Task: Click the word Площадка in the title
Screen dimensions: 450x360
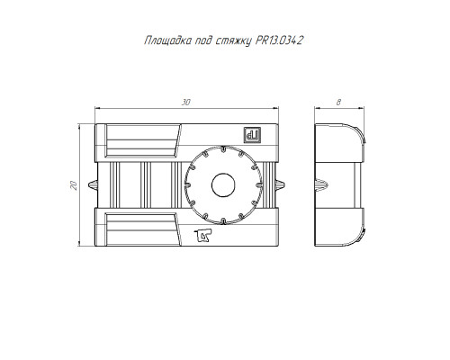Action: pyautogui.click(x=167, y=40)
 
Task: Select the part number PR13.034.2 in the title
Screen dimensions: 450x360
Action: pyautogui.click(x=279, y=40)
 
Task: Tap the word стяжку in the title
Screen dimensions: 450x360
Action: pyautogui.click(x=233, y=41)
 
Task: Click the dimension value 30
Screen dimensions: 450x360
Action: pyautogui.click(x=186, y=103)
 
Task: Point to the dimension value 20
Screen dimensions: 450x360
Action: pyautogui.click(x=74, y=185)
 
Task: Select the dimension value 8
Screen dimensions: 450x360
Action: pyautogui.click(x=338, y=103)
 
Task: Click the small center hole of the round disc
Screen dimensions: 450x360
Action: pyautogui.click(x=223, y=185)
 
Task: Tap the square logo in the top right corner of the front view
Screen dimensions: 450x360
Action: pyautogui.click(x=252, y=135)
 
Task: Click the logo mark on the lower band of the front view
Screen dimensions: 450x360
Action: pyautogui.click(x=202, y=235)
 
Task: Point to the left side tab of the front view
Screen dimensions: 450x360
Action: pyautogui.click(x=93, y=185)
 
